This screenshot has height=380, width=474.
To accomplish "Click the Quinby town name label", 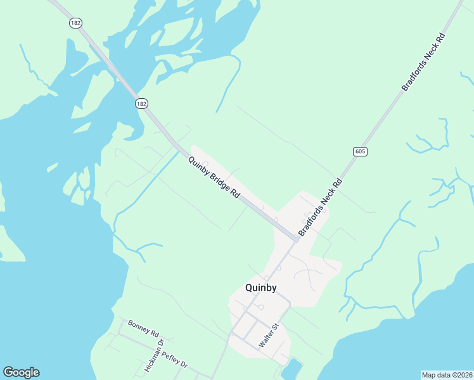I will click(260, 288).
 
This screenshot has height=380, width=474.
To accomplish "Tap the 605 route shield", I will click(360, 151).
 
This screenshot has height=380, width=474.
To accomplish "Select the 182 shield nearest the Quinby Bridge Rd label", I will click(141, 103).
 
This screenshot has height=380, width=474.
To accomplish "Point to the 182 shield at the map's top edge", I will click(75, 22).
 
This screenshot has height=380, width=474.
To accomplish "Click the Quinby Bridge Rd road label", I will click(214, 177).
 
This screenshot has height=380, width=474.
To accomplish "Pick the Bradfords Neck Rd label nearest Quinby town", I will click(320, 208).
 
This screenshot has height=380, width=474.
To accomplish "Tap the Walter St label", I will click(269, 336).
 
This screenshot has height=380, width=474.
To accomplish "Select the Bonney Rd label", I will click(143, 327).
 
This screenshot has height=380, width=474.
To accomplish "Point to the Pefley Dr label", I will click(174, 360).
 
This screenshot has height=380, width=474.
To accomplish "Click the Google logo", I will click(21, 372).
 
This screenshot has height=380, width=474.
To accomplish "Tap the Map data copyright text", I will click(447, 375).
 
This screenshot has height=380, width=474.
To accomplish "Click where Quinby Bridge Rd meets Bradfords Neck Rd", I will click(295, 239).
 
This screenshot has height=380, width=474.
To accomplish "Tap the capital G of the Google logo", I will click(8, 372).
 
